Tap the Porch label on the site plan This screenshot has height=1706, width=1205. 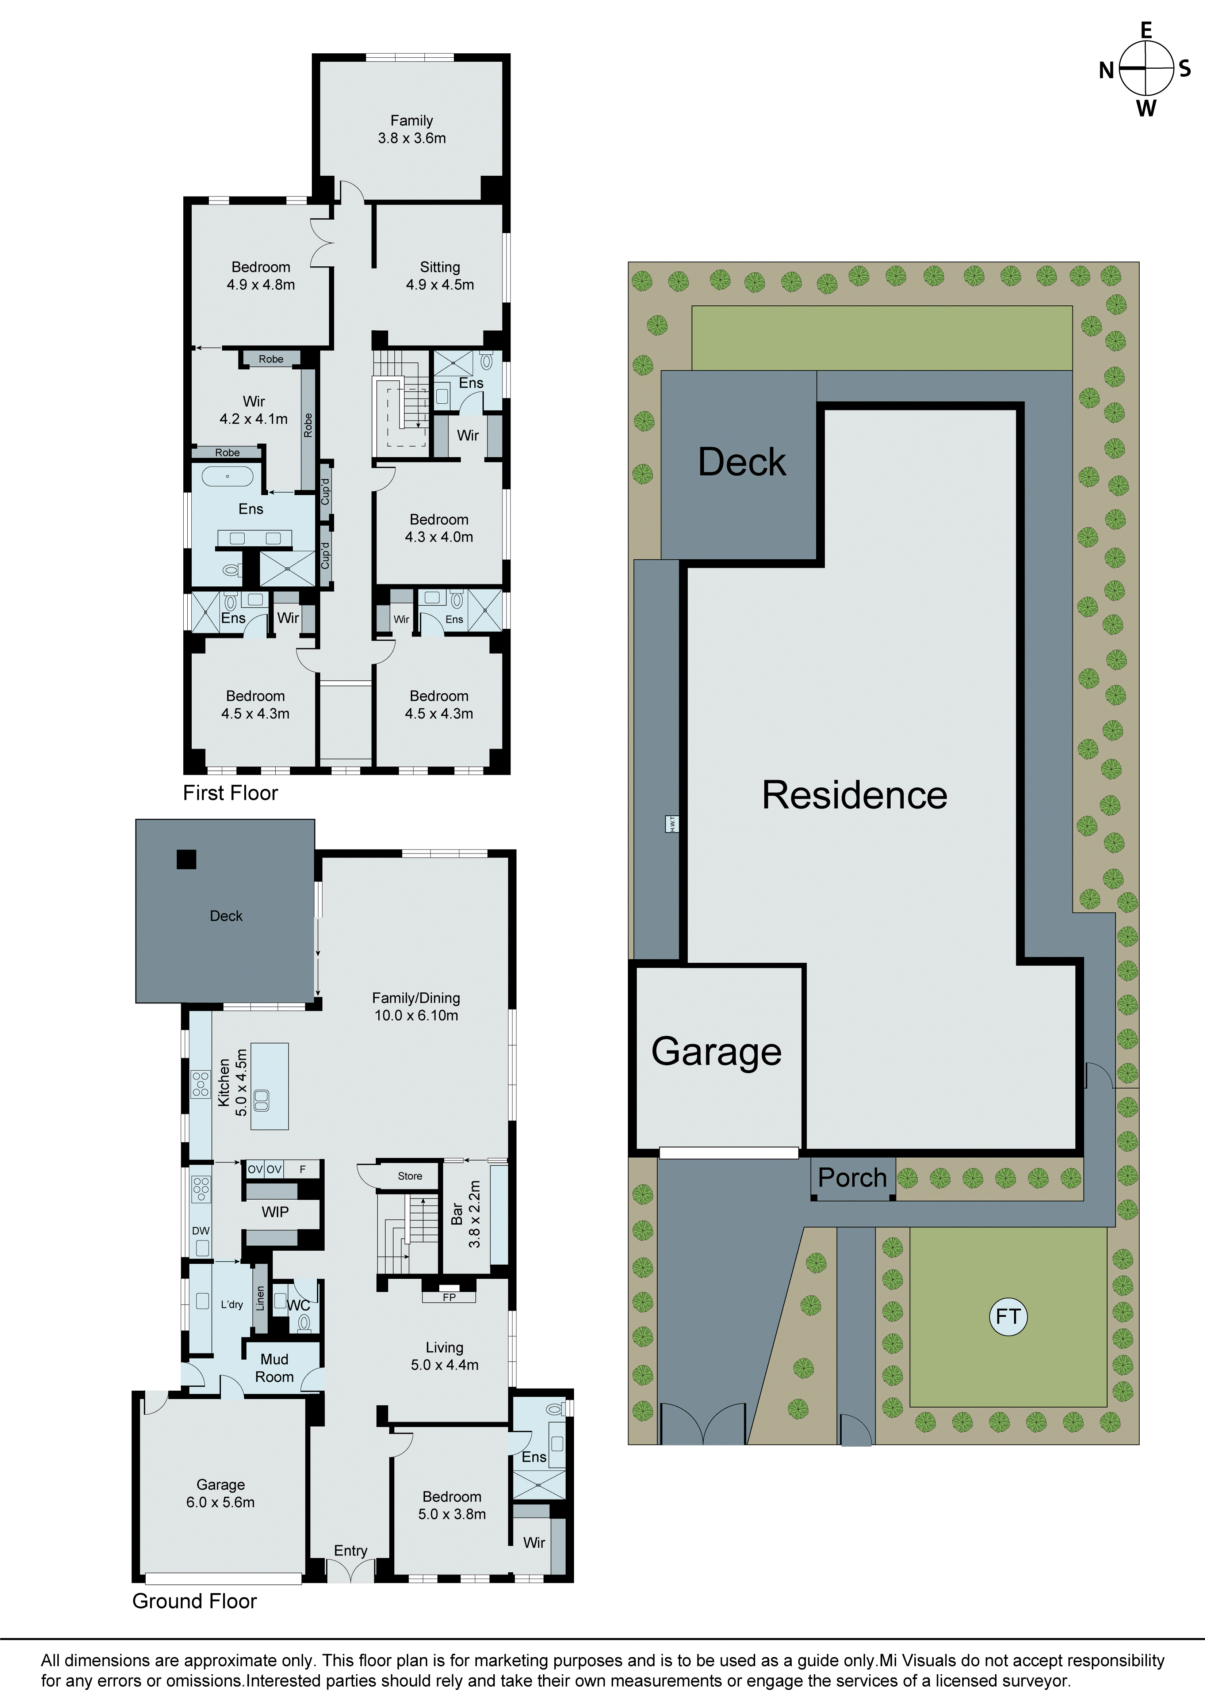click(x=852, y=1178)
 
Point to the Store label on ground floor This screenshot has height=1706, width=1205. click(x=409, y=1176)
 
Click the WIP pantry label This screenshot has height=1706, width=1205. click(x=275, y=1212)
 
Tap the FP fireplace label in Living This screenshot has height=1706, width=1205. click(x=449, y=1297)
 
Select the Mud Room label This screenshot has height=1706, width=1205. click(x=274, y=1368)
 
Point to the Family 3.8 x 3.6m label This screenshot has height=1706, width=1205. click(x=412, y=129)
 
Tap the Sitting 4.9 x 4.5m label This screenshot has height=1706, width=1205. click(x=440, y=276)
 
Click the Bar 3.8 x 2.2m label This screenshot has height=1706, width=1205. click(x=466, y=1214)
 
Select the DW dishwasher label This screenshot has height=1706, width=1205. click(x=200, y=1230)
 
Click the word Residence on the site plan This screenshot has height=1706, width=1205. click(x=854, y=795)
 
